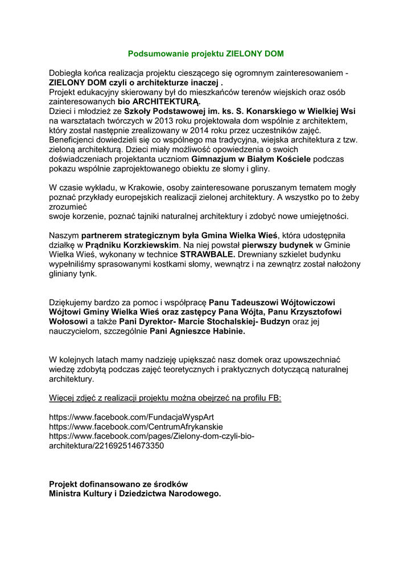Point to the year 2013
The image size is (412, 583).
click(143, 121)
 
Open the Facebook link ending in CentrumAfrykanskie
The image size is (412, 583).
click(136, 426)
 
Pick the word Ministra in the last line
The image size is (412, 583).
click(65, 494)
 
